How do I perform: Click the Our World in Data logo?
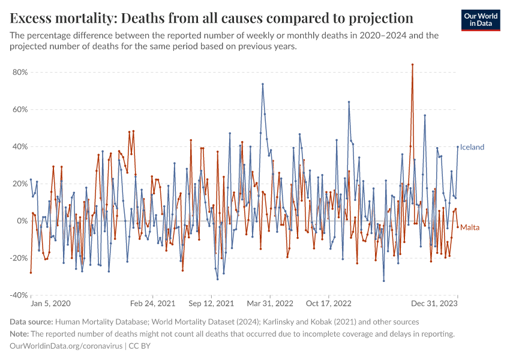pyautogui.click(x=481, y=20)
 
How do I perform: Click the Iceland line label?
pyautogui.click(x=472, y=147)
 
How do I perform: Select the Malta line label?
pyautogui.click(x=470, y=227)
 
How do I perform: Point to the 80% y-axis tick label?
pyautogui.click(x=20, y=72)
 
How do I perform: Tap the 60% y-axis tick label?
pyautogui.click(x=20, y=109)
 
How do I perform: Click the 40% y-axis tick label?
pyautogui.click(x=20, y=146)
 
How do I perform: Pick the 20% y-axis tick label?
pyautogui.click(x=20, y=184)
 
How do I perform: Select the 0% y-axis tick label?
pyautogui.click(x=22, y=221)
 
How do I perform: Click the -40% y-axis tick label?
pyautogui.click(x=19, y=295)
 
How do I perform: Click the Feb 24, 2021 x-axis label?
pyautogui.click(x=153, y=304)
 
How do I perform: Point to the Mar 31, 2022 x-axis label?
pyautogui.click(x=271, y=304)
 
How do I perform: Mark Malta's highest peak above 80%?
pyautogui.click(x=412, y=65)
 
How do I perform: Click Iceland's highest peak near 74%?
pyautogui.click(x=263, y=84)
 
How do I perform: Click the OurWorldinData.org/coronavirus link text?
pyautogui.click(x=67, y=346)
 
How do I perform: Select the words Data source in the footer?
pyautogui.click(x=31, y=322)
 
